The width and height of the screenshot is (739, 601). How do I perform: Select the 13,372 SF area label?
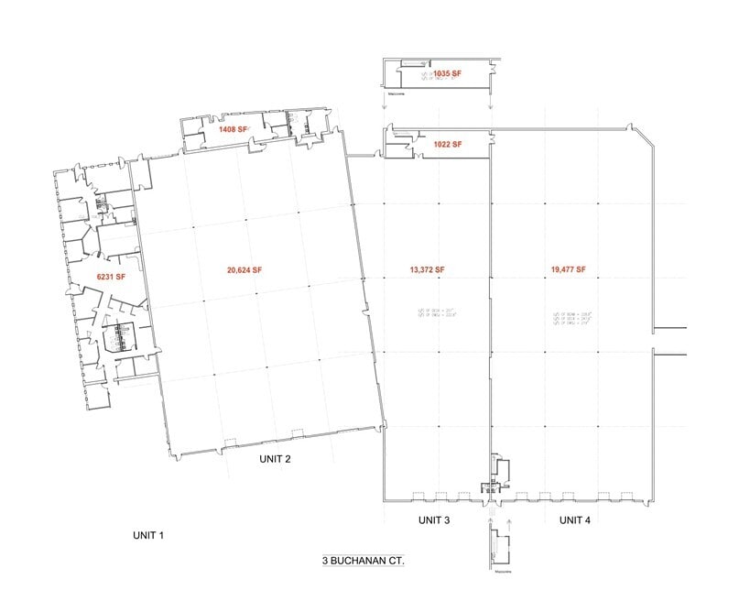coord(427,269)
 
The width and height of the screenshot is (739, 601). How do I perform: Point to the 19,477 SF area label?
coord(568,269)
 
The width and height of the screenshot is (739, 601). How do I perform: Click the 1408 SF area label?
coord(233,130)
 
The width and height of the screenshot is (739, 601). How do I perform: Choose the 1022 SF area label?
coord(447,144)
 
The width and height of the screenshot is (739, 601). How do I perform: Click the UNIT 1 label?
coord(147,534)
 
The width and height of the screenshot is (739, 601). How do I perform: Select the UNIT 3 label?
coord(434,520)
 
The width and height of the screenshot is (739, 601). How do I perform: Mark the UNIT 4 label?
coord(575,520)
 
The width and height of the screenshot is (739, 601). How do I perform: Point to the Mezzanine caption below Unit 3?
coord(499,574)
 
